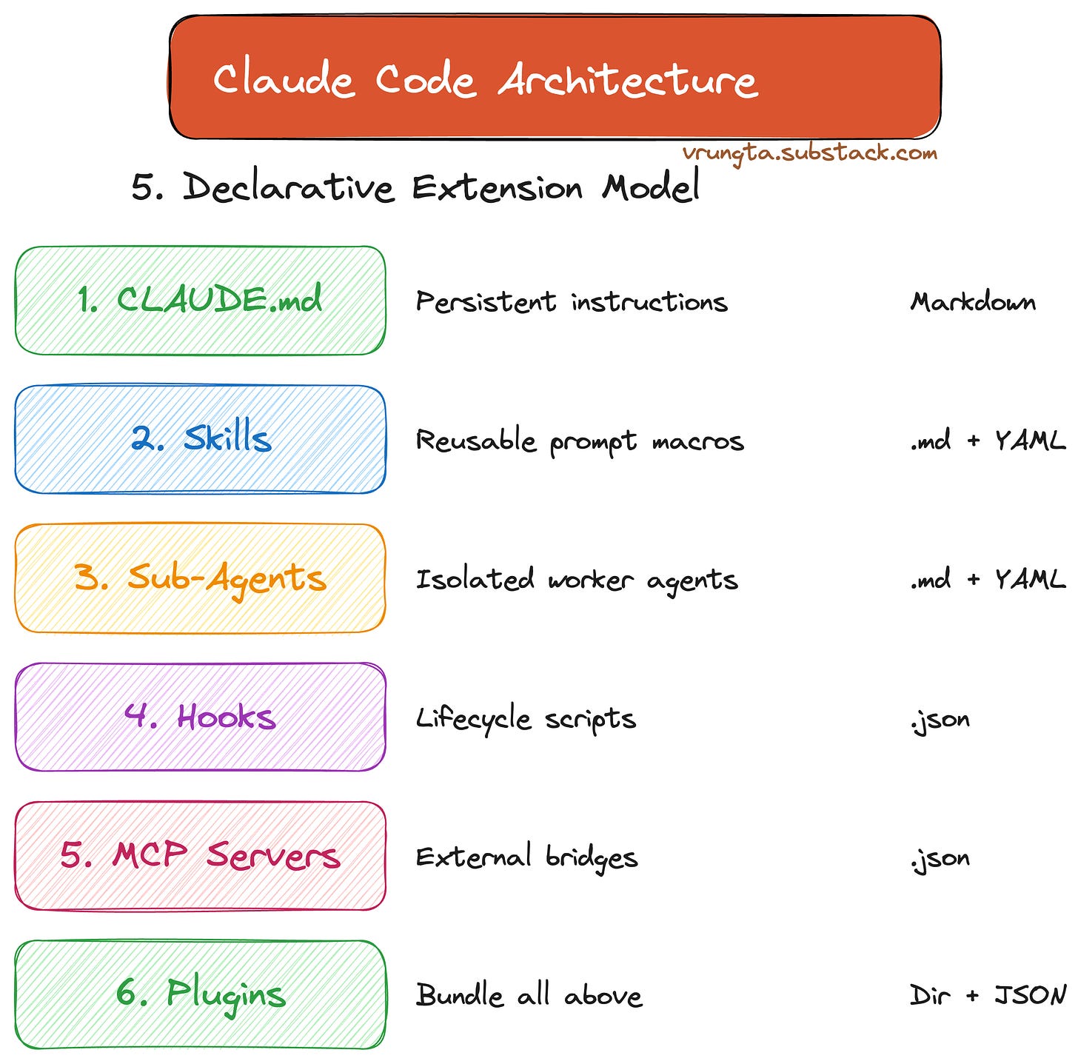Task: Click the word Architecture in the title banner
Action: (x=628, y=79)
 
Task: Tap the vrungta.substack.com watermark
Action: (x=810, y=153)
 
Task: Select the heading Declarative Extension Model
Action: (x=415, y=187)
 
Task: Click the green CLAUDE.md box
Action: (x=200, y=301)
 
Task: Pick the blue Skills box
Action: (x=200, y=439)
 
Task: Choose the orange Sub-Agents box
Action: (x=200, y=578)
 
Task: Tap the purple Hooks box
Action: (x=200, y=717)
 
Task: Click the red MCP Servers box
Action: (x=200, y=855)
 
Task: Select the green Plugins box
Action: (x=200, y=994)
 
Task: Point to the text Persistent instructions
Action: (x=572, y=302)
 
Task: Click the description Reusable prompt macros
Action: (x=580, y=441)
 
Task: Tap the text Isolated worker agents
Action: (x=577, y=580)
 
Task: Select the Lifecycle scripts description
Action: (x=526, y=719)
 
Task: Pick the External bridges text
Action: (x=526, y=857)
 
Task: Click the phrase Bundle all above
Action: (x=529, y=996)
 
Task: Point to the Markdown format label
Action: (x=973, y=302)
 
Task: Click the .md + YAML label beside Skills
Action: (x=988, y=441)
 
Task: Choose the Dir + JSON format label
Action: (x=988, y=996)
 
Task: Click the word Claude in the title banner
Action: (x=283, y=79)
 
